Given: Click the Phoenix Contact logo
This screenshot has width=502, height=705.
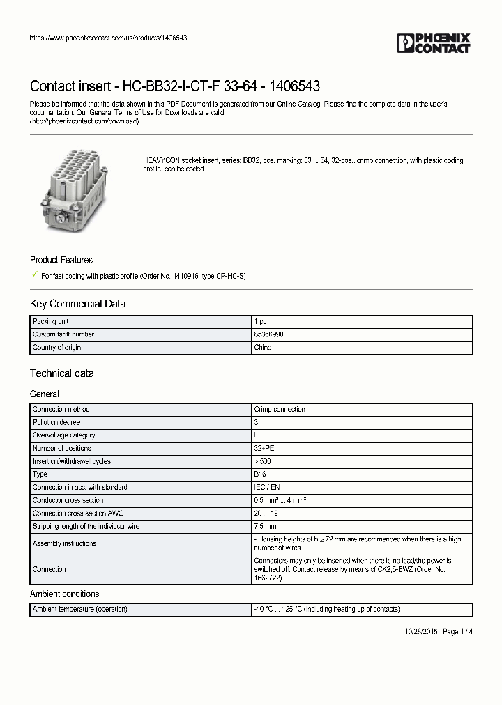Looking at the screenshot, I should click(434, 43).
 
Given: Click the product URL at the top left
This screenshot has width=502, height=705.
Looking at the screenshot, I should click(108, 38).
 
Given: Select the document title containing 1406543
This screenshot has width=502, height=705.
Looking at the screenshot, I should click(175, 86).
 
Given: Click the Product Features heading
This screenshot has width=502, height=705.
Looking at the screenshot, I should click(61, 260).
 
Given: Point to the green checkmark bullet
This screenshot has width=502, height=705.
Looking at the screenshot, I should click(34, 275).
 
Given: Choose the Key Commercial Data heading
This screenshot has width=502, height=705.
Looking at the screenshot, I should click(77, 304).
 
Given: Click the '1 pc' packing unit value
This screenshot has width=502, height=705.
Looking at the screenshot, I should click(261, 321).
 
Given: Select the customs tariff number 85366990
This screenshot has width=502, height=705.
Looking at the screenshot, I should click(268, 334).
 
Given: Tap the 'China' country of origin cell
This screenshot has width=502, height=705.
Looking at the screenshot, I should click(263, 347).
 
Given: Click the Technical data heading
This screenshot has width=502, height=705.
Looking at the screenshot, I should click(61, 373).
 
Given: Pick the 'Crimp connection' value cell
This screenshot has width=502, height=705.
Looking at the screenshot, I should click(280, 410).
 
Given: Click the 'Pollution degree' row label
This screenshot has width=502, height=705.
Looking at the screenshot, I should click(56, 422).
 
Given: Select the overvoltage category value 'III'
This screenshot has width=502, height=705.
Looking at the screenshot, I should click(257, 435).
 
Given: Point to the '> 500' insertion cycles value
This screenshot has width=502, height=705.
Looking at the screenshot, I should click(264, 461).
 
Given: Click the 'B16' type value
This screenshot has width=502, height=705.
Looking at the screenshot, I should click(259, 474).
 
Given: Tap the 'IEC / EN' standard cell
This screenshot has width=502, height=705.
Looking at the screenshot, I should click(267, 488).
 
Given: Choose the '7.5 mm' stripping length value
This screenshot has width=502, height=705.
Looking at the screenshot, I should click(266, 527).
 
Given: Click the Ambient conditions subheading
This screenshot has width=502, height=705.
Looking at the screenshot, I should click(64, 594).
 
